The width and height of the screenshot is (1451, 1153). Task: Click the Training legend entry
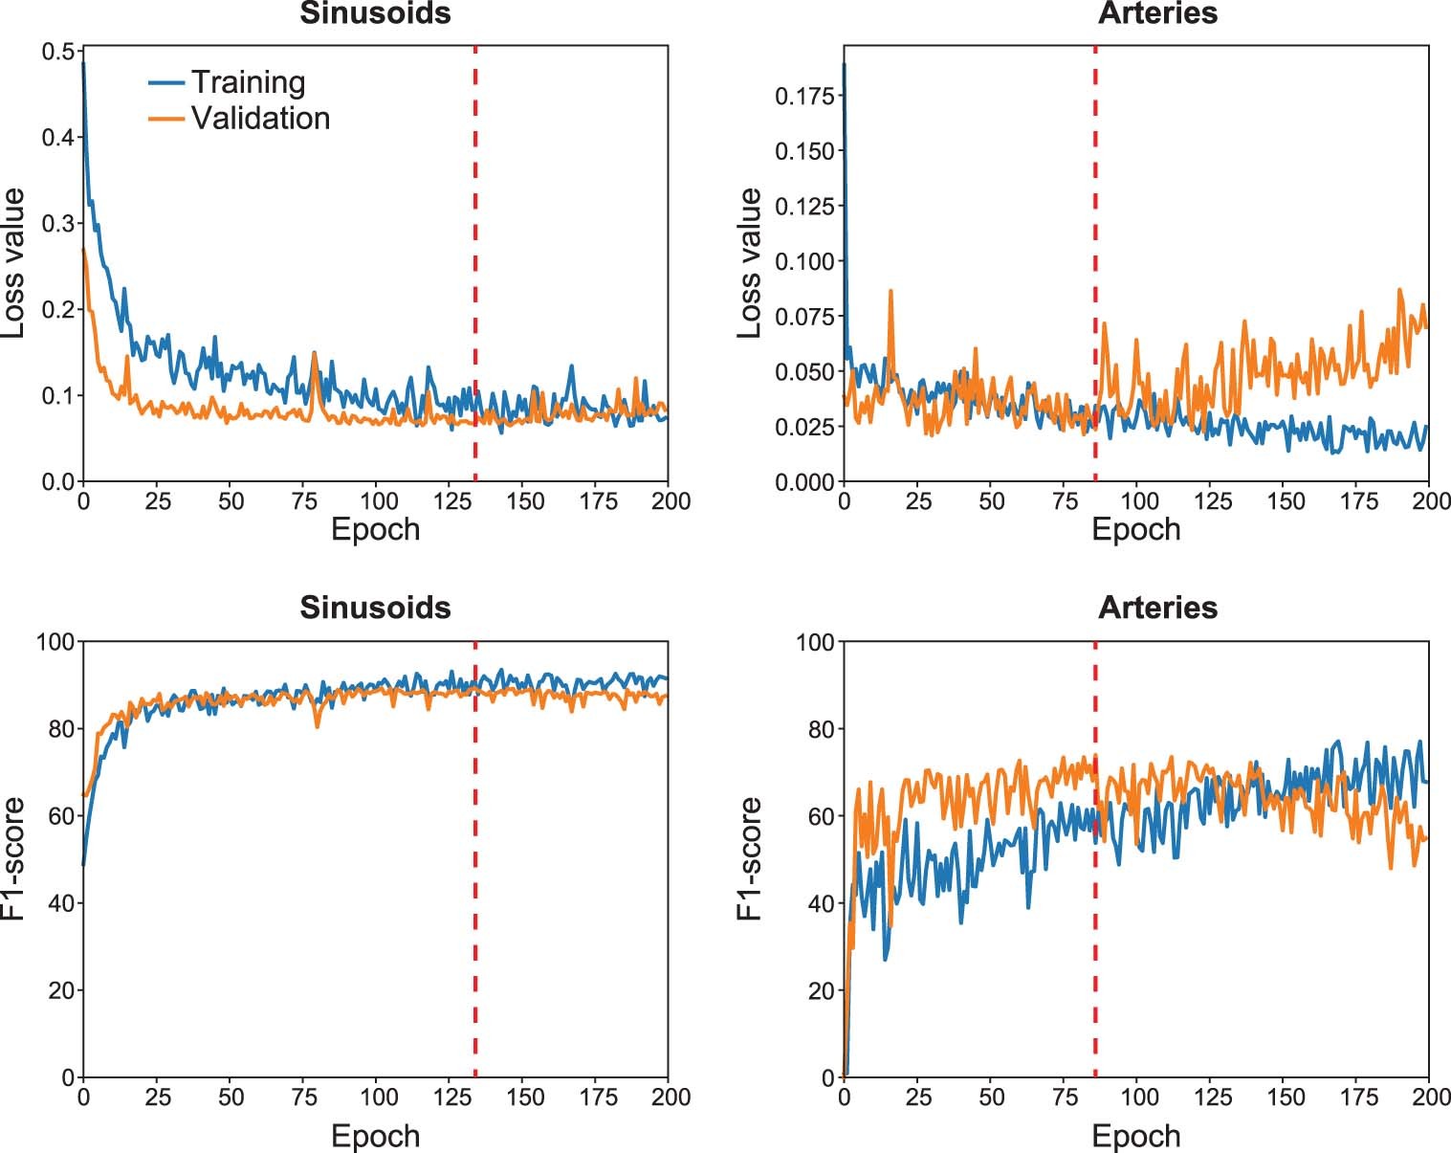(x=247, y=82)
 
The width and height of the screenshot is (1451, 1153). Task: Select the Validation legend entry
(x=259, y=118)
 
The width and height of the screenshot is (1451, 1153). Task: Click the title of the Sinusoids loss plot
(x=375, y=13)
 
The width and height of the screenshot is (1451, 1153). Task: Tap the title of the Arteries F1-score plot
(x=1157, y=608)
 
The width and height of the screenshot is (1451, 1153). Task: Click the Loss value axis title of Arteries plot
(x=750, y=263)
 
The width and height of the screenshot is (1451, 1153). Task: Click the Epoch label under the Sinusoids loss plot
(x=375, y=529)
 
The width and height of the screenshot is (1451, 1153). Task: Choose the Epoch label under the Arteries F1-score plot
(x=1135, y=1136)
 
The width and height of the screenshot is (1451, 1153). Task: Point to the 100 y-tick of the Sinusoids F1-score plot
(x=55, y=641)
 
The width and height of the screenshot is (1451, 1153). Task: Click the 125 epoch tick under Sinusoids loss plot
(x=451, y=501)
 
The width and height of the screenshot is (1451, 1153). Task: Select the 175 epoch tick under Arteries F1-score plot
(x=1359, y=1097)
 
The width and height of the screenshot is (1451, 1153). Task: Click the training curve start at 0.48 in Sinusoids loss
(x=84, y=64)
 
